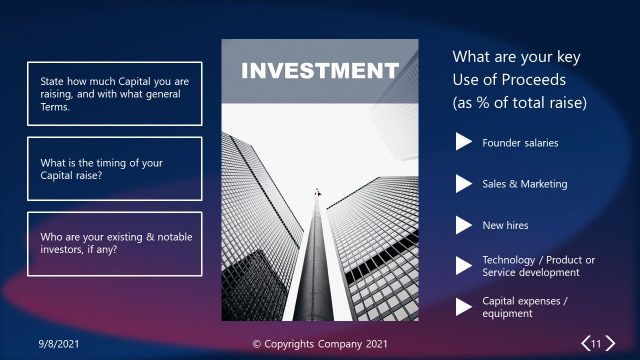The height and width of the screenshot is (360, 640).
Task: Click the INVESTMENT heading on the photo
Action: pyautogui.click(x=319, y=71)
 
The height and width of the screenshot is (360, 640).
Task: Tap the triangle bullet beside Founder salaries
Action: pyautogui.click(x=463, y=142)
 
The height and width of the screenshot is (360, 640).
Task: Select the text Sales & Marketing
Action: pyautogui.click(x=524, y=184)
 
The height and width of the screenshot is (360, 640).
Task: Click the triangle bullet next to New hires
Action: pyautogui.click(x=463, y=225)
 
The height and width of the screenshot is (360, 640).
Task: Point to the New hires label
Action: pyautogui.click(x=505, y=226)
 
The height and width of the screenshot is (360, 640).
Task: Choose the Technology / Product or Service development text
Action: pyautogui.click(x=538, y=266)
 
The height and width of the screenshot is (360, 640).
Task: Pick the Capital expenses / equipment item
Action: pyautogui.click(x=525, y=307)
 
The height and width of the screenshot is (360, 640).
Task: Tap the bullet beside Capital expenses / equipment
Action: pyautogui.click(x=463, y=306)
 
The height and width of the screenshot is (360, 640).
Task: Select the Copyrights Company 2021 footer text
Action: pyautogui.click(x=319, y=344)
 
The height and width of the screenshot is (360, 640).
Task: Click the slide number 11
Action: pyautogui.click(x=596, y=344)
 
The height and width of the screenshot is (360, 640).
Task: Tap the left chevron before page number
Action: pyautogui.click(x=585, y=344)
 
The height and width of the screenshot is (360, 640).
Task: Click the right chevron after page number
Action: pyautogui.click(x=609, y=344)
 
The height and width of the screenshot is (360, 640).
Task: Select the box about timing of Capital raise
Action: pyautogui.click(x=114, y=169)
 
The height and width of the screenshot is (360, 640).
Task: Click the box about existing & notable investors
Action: pyautogui.click(x=114, y=243)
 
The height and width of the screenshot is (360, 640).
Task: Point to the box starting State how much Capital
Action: pyautogui.click(x=114, y=93)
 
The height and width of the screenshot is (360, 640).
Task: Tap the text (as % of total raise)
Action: pyautogui.click(x=519, y=103)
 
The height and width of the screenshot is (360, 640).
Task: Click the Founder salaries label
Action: pyautogui.click(x=520, y=143)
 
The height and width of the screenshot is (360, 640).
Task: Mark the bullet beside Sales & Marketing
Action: pyautogui.click(x=463, y=184)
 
